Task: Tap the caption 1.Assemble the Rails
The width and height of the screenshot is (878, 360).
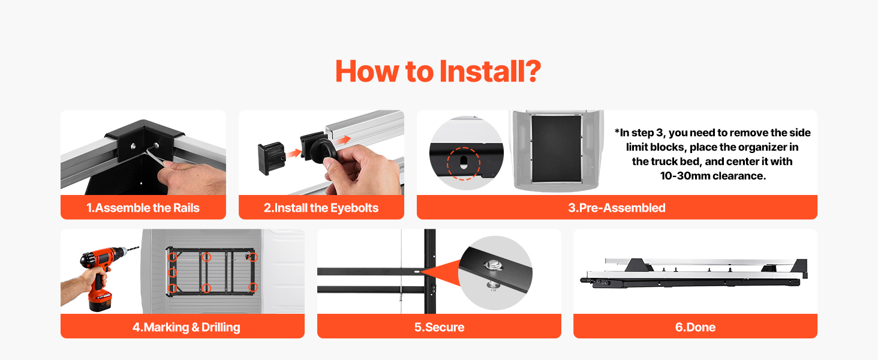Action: coord(143,208)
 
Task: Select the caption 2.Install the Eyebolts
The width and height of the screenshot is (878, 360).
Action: coord(321,208)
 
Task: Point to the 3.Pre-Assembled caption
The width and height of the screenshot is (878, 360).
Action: coord(617,208)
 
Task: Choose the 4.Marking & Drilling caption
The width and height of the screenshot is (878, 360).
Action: coord(186,327)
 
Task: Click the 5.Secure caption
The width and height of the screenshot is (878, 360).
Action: coord(439,327)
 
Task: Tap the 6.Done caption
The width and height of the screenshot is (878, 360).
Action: coord(695,327)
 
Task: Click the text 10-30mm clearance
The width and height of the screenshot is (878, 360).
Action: coord(712,176)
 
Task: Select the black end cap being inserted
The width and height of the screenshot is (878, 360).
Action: coord(271,158)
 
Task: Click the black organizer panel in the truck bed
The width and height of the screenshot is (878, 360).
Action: coord(556,148)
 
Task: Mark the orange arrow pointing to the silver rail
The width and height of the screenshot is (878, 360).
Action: coord(344,140)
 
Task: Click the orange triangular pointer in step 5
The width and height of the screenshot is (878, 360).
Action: coord(440,271)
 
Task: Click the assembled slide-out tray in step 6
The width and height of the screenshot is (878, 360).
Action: coord(694,273)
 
